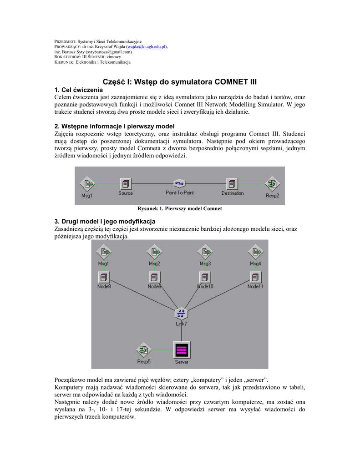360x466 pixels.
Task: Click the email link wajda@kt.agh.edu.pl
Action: pos(147,47)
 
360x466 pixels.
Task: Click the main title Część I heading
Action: pos(180,82)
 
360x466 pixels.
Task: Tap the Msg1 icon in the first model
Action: pos(87,183)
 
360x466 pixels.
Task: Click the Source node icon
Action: pos(126,183)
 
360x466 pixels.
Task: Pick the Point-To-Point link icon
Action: pos(179,183)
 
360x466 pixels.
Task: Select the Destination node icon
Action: pos(233,183)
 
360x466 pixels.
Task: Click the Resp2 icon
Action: pos(272,183)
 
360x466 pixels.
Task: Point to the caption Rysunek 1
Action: pos(179,209)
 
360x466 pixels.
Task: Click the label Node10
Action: pos(205,286)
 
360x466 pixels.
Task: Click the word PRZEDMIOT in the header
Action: pos(65,41)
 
